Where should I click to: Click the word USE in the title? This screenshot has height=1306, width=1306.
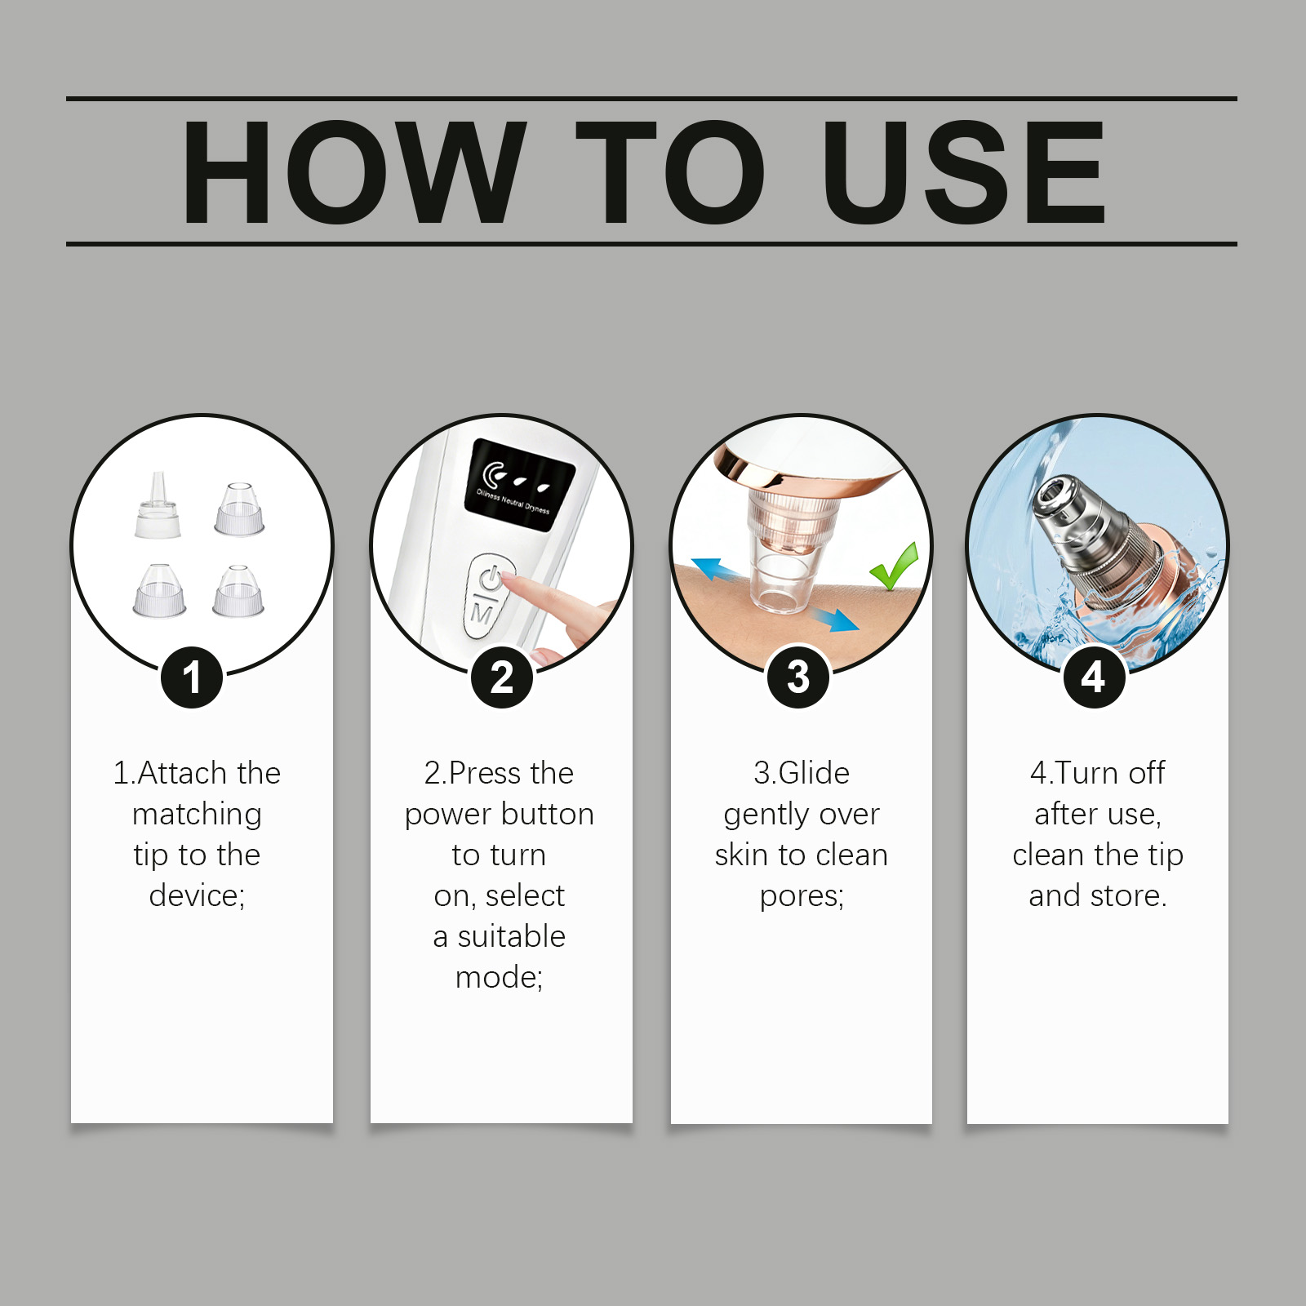pos(963,171)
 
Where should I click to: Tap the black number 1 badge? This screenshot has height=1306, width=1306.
pos(192,677)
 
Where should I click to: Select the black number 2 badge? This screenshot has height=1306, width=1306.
pos(502,677)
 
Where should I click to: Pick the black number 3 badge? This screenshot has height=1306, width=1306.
pos(798,677)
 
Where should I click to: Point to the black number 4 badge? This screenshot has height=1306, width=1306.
pos(1094,677)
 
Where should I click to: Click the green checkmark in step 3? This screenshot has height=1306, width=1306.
pos(895,565)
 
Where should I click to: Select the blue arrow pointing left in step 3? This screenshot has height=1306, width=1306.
pos(716,568)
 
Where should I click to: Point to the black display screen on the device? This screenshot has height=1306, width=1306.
pos(520,486)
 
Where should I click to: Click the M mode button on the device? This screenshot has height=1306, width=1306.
pos(482,614)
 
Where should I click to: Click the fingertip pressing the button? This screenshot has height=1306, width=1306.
pos(511,580)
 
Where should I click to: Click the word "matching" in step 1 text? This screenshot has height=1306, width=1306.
pos(197,815)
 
